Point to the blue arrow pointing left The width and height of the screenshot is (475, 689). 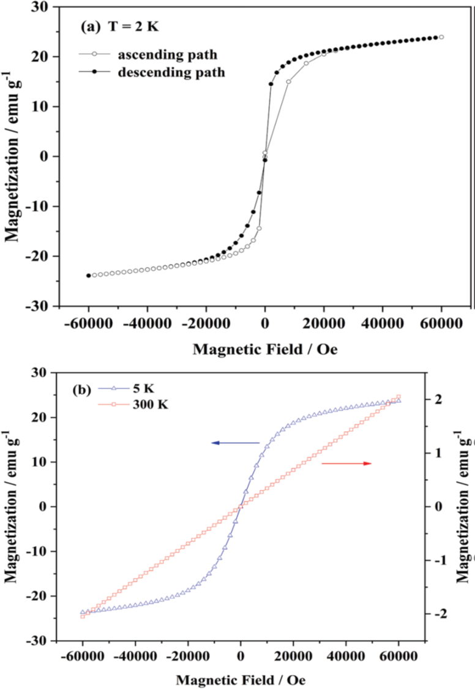pos(236,442)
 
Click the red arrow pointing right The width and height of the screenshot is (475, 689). pos(347,464)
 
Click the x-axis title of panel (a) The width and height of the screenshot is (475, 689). pos(264,350)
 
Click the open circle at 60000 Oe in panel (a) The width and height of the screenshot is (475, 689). pos(441,37)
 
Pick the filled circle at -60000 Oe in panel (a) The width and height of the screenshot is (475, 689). pos(88,276)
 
